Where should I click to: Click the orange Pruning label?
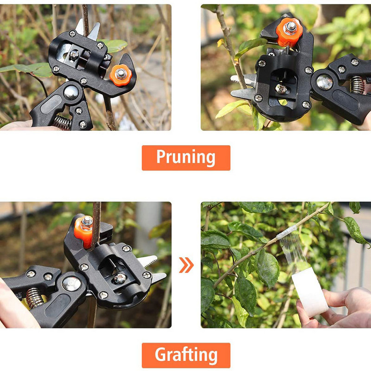[186, 158]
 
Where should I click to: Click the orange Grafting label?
[186, 355]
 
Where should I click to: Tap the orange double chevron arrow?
[186, 265]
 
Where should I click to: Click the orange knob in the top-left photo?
[121, 75]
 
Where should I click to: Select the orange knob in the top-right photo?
[289, 32]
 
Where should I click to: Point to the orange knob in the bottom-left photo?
[83, 231]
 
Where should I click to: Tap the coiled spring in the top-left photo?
[62, 122]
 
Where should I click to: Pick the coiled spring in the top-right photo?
[357, 85]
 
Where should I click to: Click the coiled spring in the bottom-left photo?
[34, 298]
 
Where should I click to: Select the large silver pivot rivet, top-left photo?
[71, 92]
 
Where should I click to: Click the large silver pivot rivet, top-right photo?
[324, 82]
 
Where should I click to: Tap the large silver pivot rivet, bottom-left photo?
[72, 284]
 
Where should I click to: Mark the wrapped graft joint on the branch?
[287, 232]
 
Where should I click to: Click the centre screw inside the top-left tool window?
[74, 55]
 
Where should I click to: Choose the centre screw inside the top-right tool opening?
[281, 89]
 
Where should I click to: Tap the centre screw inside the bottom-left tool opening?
[120, 279]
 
